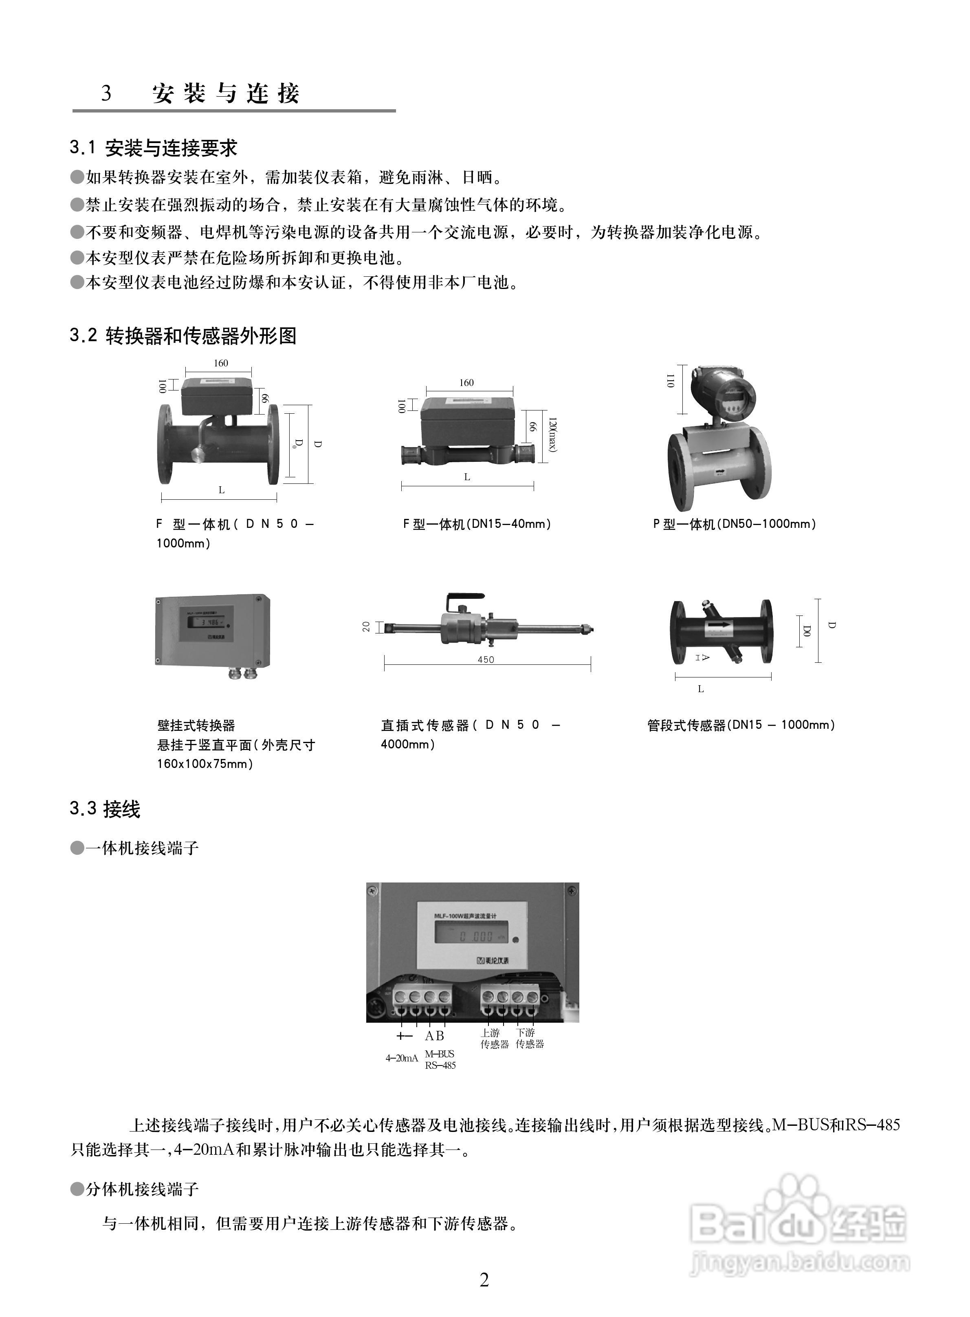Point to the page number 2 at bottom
(x=484, y=1280)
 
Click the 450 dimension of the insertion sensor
(x=486, y=660)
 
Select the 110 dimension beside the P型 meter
(x=670, y=381)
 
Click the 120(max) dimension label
(x=552, y=435)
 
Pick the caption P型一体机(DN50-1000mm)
(x=734, y=524)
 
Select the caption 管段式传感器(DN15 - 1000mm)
(x=741, y=725)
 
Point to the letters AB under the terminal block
(x=435, y=1036)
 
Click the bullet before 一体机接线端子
(x=77, y=848)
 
